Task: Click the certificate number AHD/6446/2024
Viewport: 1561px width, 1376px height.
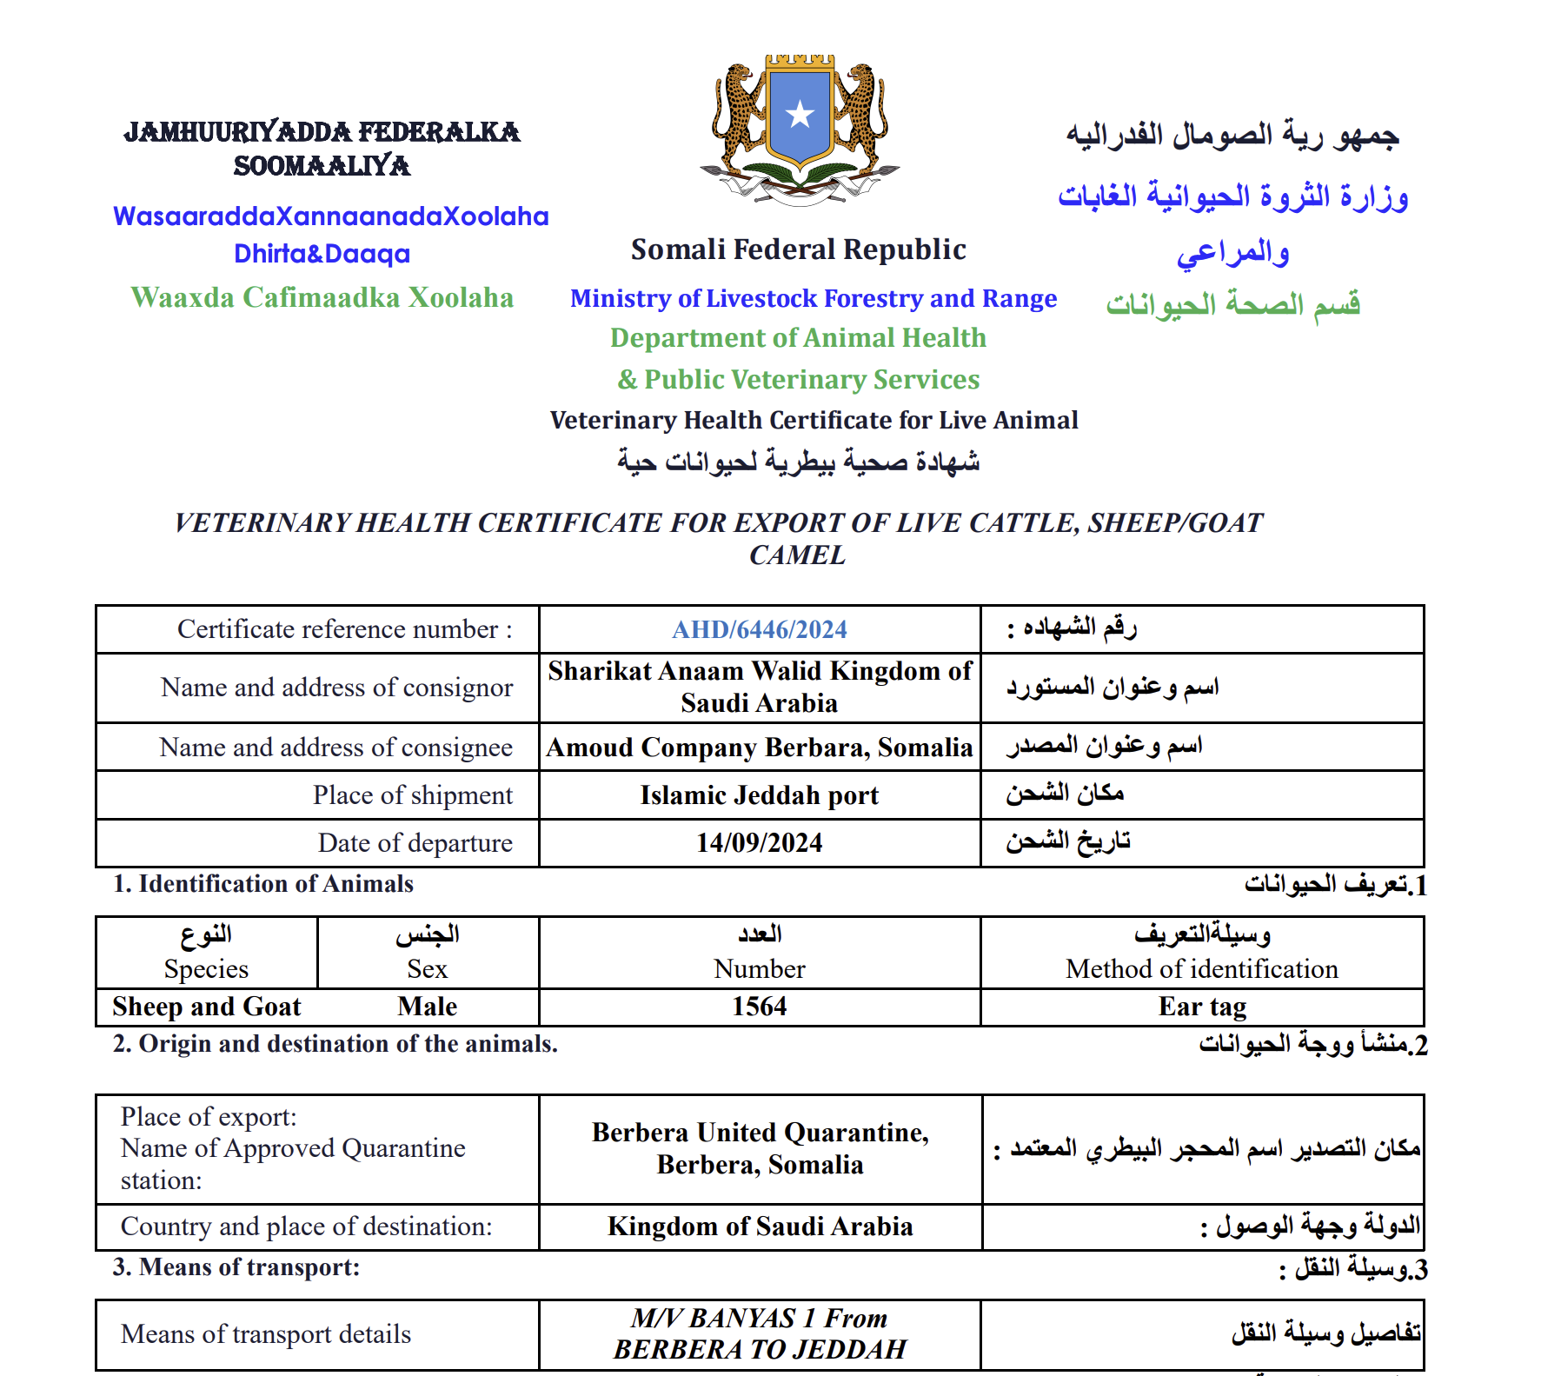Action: point(759,629)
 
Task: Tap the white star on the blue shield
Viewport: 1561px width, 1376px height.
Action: point(800,114)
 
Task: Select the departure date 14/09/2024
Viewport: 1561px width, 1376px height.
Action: point(759,842)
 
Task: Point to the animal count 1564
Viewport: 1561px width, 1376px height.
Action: point(759,1007)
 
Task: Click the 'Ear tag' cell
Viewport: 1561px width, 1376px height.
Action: point(1202,1007)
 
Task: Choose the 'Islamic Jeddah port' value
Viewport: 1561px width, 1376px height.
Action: point(759,795)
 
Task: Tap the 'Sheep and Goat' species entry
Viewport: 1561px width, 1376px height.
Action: point(207,1007)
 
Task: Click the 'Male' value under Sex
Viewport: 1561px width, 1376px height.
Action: point(427,1007)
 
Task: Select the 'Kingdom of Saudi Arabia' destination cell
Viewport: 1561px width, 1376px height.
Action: point(760,1226)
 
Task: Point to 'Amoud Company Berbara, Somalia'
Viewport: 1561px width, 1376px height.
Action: point(759,748)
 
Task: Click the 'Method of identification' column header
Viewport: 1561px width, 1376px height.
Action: point(1201,968)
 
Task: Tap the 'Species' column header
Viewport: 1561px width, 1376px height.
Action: point(206,968)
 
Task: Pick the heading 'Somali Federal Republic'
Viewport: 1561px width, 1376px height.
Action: point(798,249)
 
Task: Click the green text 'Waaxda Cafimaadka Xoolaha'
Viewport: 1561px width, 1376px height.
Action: point(322,297)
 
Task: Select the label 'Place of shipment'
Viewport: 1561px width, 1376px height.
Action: point(413,795)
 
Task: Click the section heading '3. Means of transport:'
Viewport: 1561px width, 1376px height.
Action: point(236,1267)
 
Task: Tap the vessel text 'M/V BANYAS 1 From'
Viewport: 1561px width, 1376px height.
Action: point(759,1319)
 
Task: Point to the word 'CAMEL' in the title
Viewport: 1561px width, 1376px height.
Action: point(797,555)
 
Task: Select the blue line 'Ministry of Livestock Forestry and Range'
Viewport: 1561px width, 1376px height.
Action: point(813,298)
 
